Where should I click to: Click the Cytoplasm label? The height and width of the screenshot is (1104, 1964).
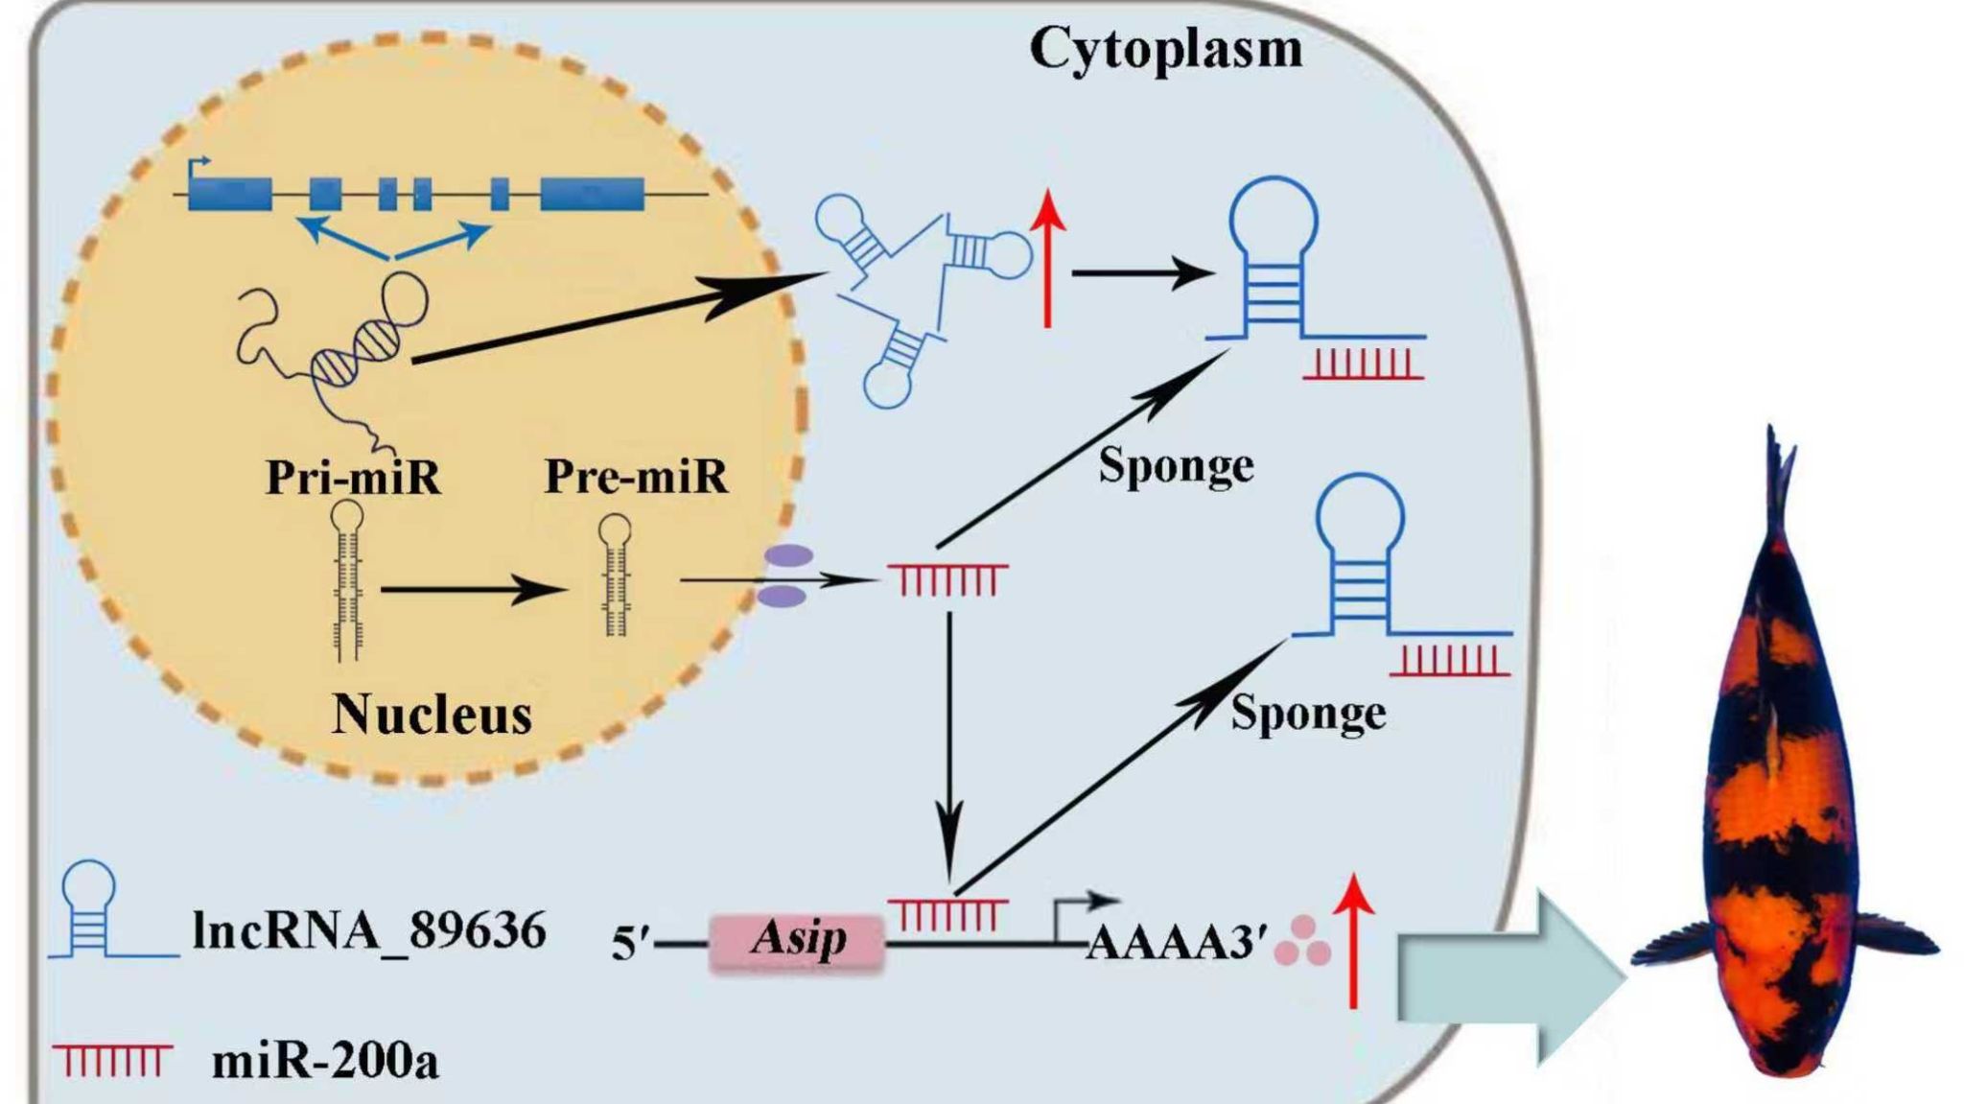[1165, 48]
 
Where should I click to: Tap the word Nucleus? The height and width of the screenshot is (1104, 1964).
[432, 715]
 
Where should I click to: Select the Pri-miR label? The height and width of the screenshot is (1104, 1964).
[353, 477]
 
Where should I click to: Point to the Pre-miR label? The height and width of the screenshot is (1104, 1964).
[636, 477]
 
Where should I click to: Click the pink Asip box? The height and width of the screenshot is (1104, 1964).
[796, 942]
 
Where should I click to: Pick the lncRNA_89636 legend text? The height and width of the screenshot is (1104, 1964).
[369, 930]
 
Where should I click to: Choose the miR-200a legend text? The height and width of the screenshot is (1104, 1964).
[324, 1061]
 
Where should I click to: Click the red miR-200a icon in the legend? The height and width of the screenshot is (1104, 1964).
[112, 1060]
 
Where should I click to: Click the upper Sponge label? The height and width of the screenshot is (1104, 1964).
[1176, 467]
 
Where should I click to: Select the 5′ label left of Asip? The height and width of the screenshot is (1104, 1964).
[631, 945]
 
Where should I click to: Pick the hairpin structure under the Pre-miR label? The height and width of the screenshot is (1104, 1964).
[615, 575]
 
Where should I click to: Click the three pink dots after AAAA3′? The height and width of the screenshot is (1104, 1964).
[1303, 941]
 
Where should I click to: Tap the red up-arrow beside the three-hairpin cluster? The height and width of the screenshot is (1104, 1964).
[1048, 259]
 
